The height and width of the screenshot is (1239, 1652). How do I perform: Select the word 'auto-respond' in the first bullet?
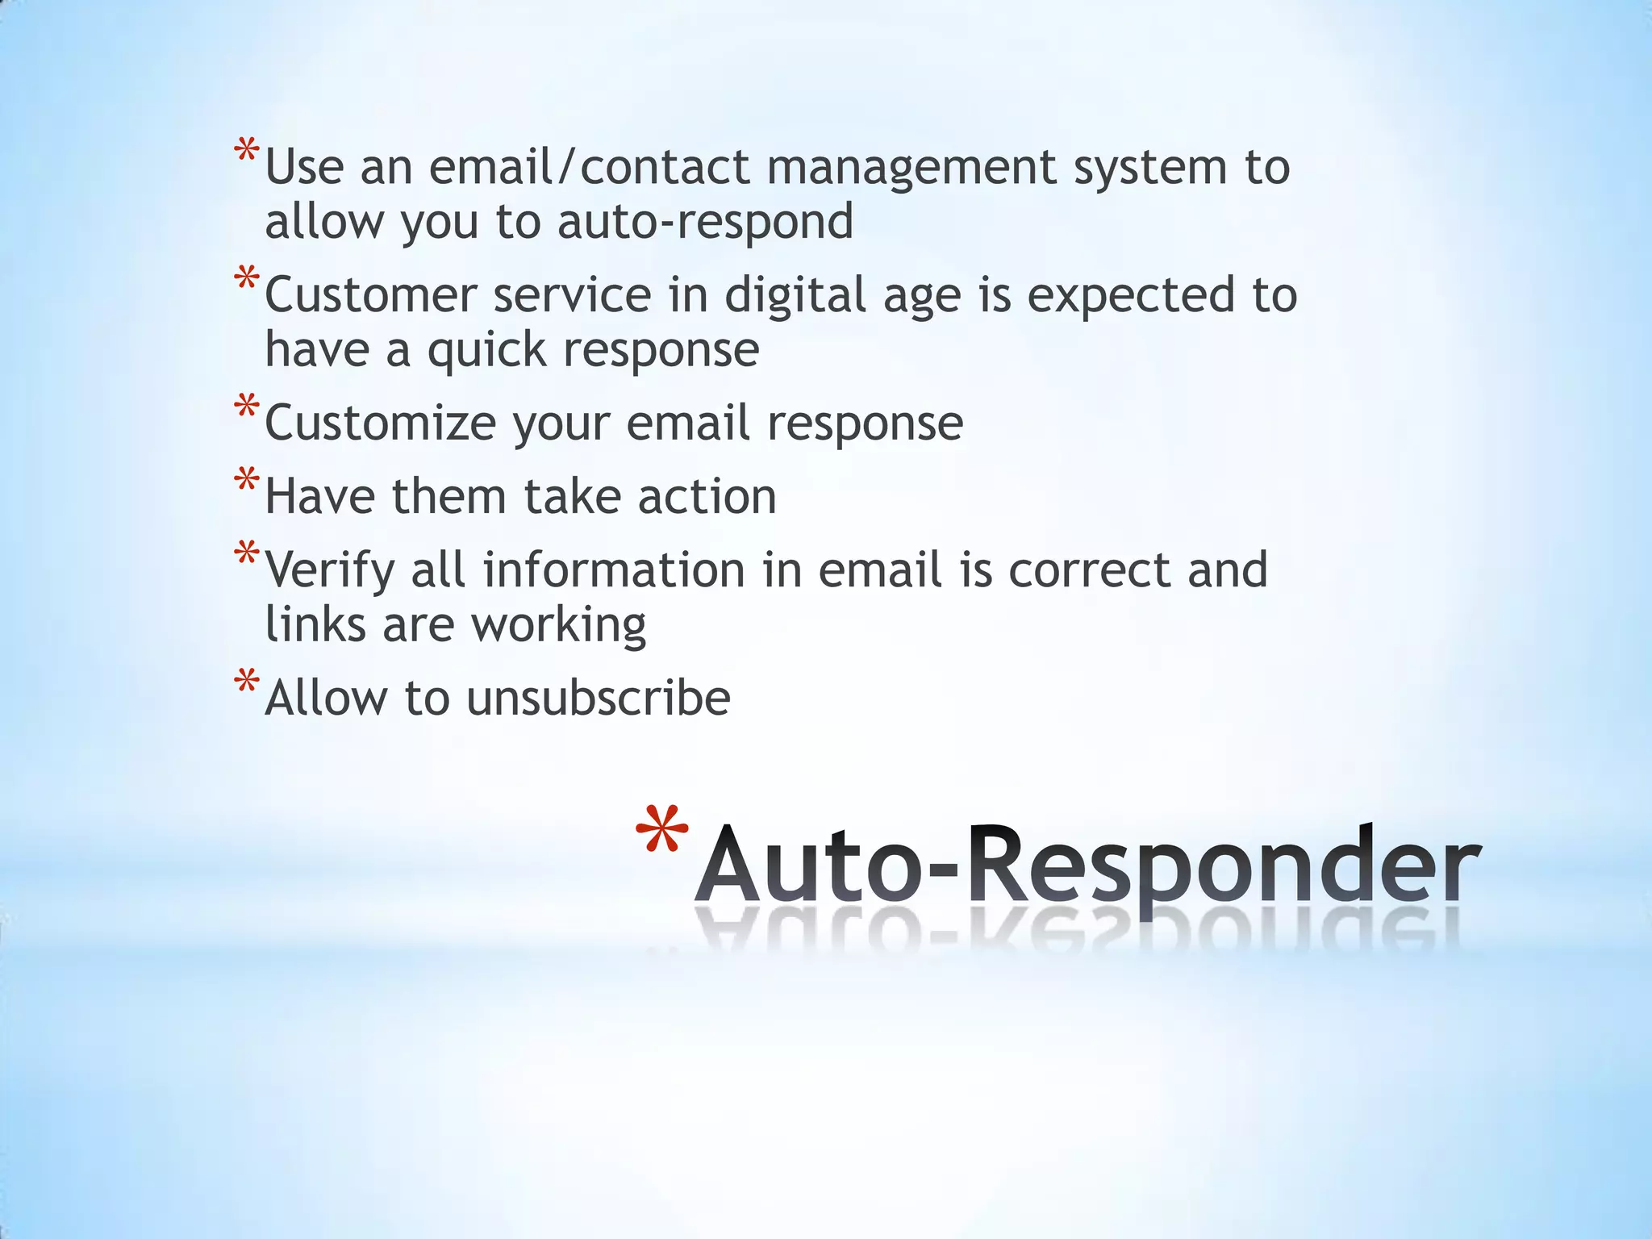point(705,222)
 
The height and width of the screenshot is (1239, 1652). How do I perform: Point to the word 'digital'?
point(795,297)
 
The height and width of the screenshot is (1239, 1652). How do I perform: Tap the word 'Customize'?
point(380,423)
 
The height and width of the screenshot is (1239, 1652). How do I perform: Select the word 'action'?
point(707,497)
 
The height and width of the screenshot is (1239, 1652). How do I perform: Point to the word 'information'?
point(613,570)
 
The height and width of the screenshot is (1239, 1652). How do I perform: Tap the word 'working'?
point(558,626)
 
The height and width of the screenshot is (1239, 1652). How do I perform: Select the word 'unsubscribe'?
point(598,698)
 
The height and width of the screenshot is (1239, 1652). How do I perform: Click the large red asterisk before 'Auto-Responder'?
point(662,833)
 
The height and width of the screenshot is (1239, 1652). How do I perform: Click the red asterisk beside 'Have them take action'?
point(247,481)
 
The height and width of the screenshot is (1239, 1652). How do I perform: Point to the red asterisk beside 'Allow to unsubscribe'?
point(247,682)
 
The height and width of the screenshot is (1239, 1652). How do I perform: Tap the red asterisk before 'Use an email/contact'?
point(247,152)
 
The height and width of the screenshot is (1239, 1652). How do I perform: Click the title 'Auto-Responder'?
point(1087,866)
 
